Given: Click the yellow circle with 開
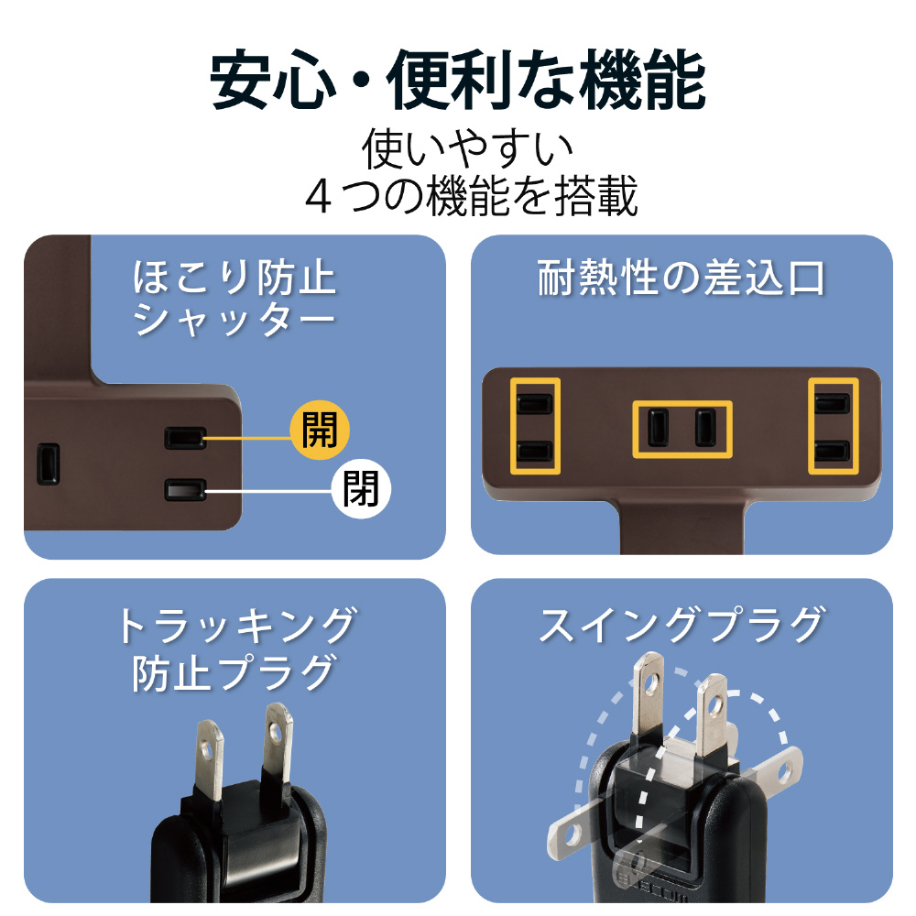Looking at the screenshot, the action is (x=320, y=430).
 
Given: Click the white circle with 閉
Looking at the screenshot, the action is (x=360, y=489).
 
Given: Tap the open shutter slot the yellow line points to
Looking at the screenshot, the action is (x=185, y=438).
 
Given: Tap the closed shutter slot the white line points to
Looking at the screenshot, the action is (x=185, y=490).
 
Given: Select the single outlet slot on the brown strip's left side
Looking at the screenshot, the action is (x=49, y=464).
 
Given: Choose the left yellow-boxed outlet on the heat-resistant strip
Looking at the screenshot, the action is (x=535, y=426).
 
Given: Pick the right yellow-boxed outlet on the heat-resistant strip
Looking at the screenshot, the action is (x=833, y=426).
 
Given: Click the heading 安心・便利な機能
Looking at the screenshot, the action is (x=458, y=80).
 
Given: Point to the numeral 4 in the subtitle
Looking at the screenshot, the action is (x=319, y=198).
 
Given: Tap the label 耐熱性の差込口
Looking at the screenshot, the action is (x=682, y=278).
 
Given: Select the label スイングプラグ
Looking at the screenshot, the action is (x=682, y=625).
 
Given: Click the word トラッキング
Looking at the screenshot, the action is (x=236, y=625).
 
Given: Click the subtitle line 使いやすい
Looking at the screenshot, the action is (x=467, y=148).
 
